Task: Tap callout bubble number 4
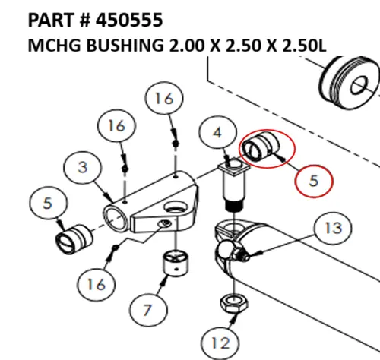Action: pos(217,134)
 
